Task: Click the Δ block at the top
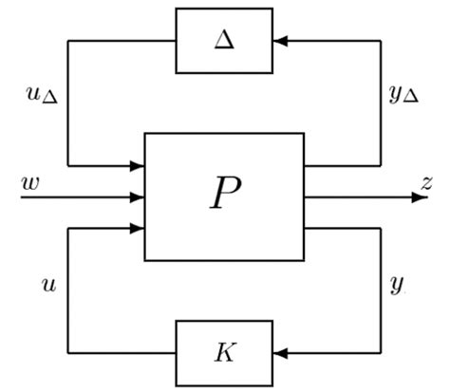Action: [224, 40]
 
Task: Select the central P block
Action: [224, 196]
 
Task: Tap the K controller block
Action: [224, 352]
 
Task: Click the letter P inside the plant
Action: [225, 195]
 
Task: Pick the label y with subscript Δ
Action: [404, 94]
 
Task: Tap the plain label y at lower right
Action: [398, 284]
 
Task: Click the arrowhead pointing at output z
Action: [416, 197]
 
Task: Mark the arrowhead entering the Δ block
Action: [279, 40]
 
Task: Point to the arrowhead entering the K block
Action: [279, 353]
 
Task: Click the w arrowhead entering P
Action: [139, 197]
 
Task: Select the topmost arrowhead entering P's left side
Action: [139, 166]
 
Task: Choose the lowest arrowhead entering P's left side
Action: [139, 228]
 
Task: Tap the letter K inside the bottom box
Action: [224, 352]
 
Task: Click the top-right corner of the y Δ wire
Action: [381, 40]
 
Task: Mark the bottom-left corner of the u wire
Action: [68, 353]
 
